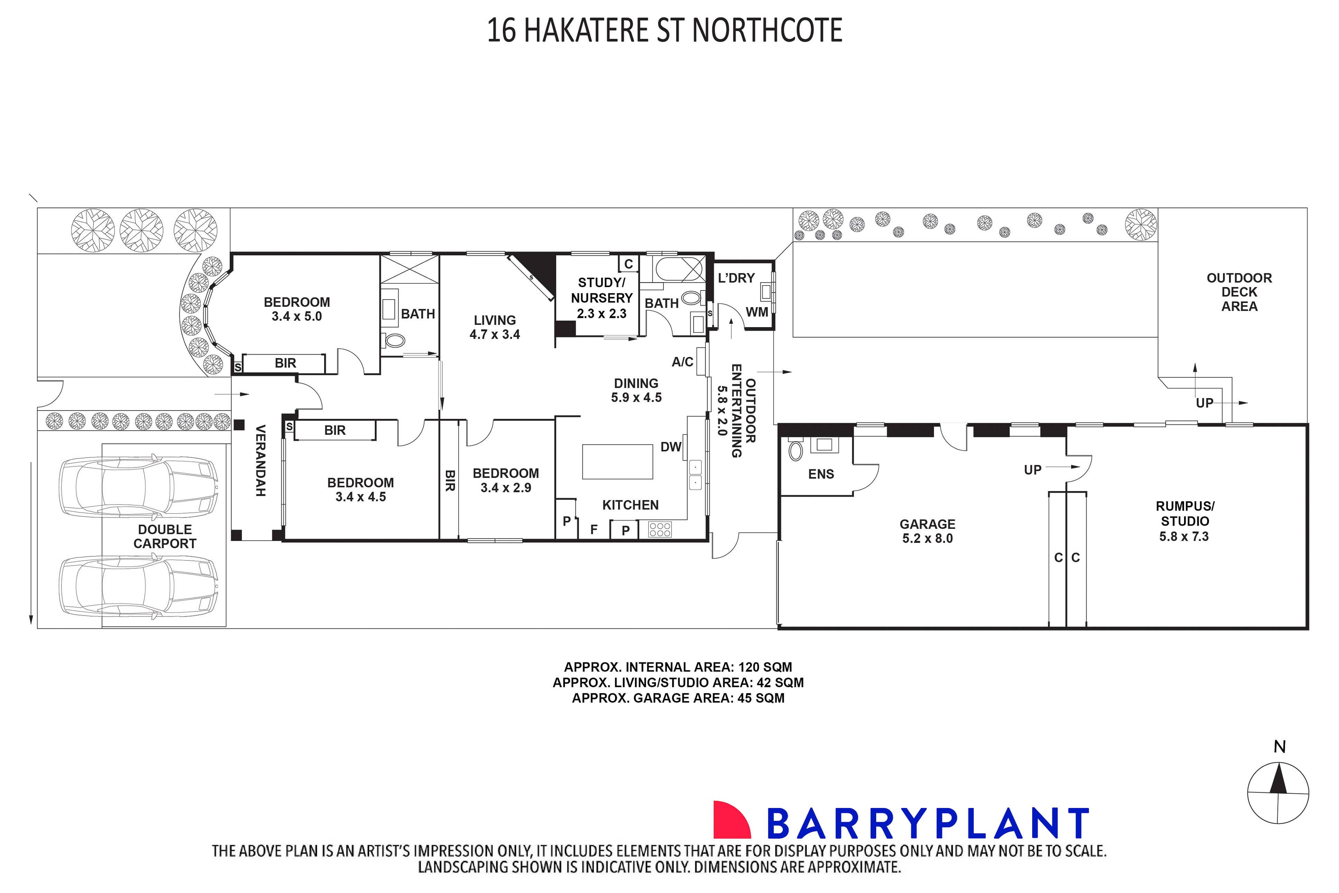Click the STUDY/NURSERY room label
click(x=602, y=298)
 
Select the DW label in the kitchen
click(x=670, y=447)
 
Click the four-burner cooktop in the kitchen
click(x=660, y=530)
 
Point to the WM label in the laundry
click(x=757, y=312)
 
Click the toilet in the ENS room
click(x=796, y=451)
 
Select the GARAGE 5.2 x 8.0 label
click(x=927, y=531)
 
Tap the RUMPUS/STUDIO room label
click(x=1185, y=521)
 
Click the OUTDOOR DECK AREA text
click(x=1239, y=292)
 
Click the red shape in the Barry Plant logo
click(x=731, y=820)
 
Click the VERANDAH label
click(x=260, y=460)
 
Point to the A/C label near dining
click(x=682, y=362)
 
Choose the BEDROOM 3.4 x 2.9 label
click(x=506, y=480)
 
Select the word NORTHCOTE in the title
click(x=767, y=31)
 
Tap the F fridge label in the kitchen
click(x=594, y=530)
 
